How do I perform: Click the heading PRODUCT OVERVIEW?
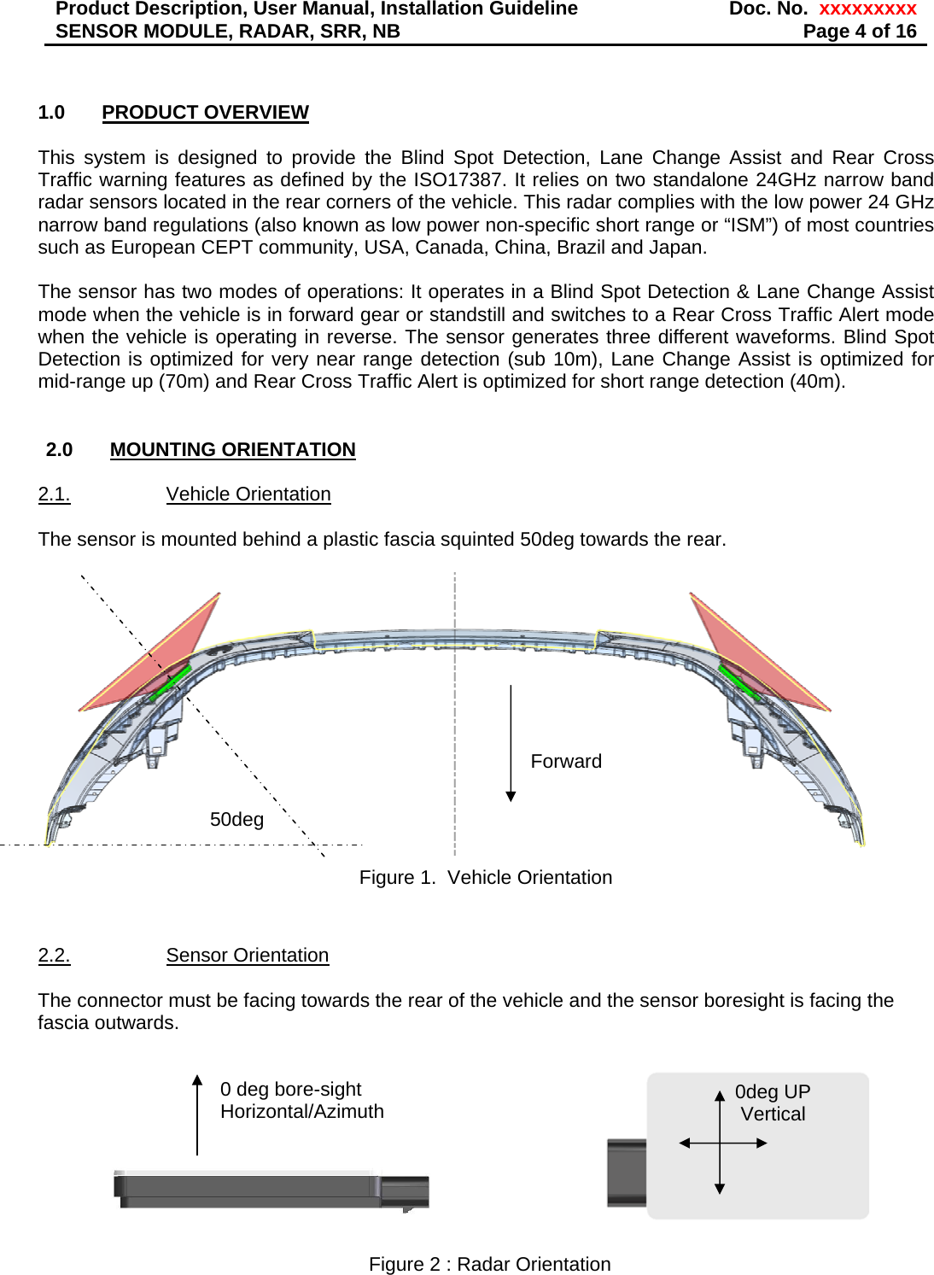click(x=205, y=113)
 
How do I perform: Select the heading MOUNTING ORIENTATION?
click(x=232, y=450)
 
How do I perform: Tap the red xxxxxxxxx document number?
click(x=867, y=9)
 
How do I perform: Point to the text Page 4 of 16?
click(x=859, y=32)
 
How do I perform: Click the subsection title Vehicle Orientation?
click(x=248, y=494)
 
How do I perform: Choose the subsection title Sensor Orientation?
click(x=248, y=956)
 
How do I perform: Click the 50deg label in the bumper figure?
click(x=236, y=820)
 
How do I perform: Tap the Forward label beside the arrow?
click(x=566, y=762)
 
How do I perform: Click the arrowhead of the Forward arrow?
click(x=511, y=796)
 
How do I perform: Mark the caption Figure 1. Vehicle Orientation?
click(x=485, y=878)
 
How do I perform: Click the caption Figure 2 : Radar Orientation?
click(x=489, y=1265)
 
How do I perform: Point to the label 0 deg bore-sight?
click(x=290, y=1090)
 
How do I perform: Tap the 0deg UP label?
click(x=773, y=1092)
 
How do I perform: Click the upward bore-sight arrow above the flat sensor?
click(x=197, y=1114)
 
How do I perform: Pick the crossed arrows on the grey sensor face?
click(x=721, y=1143)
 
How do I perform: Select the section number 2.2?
click(x=54, y=956)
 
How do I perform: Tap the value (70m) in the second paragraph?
click(x=184, y=382)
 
